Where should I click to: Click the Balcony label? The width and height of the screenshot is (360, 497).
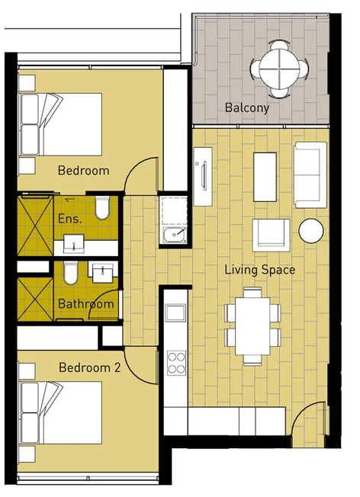coord(246,108)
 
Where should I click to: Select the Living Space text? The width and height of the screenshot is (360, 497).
coord(259,270)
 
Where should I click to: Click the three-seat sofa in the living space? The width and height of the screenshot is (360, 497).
coord(310,174)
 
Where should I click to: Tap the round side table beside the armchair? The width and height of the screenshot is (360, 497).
coord(311,231)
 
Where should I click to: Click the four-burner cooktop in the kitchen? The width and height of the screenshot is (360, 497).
coord(176,361)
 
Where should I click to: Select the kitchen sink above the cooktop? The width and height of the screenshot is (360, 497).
coord(176,313)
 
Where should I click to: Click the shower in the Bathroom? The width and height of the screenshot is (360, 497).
coord(34,290)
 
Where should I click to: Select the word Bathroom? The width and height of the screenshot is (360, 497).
coord(85,304)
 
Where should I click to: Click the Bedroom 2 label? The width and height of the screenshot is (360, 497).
coord(89,367)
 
